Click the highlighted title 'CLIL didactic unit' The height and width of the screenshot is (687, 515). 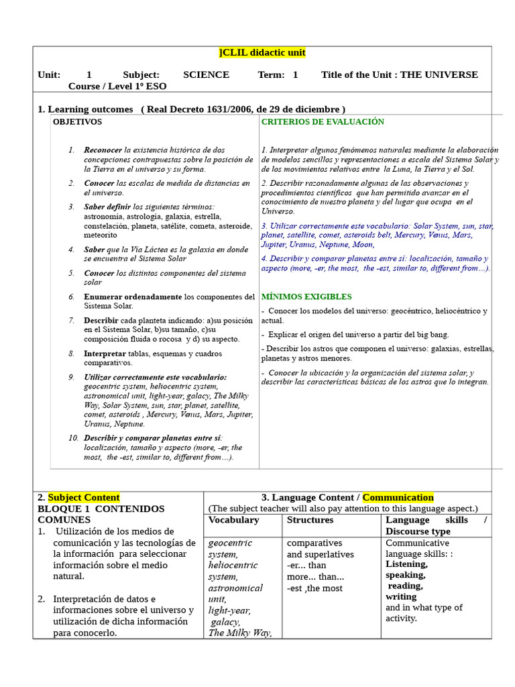click(262, 53)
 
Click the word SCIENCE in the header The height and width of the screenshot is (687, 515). click(206, 75)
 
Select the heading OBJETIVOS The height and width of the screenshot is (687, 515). click(78, 122)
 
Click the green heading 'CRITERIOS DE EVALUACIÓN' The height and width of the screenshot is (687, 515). click(323, 122)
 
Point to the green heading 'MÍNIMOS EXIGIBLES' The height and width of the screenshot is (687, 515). click(306, 297)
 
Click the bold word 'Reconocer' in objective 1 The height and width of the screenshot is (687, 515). click(103, 150)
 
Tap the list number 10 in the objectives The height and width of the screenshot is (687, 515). click(73, 438)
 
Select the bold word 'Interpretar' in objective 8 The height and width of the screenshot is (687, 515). click(105, 354)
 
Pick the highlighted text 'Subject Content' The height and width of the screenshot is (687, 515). click(84, 498)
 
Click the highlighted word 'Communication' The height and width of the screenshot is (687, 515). click(398, 498)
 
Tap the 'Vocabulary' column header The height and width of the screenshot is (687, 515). click(233, 520)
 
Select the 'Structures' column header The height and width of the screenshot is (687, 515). click(310, 520)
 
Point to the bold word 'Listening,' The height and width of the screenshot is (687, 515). click(406, 564)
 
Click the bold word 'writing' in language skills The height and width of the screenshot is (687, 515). click(401, 596)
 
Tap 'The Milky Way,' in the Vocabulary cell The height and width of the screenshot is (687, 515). click(240, 633)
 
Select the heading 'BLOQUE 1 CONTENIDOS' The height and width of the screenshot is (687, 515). click(101, 509)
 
